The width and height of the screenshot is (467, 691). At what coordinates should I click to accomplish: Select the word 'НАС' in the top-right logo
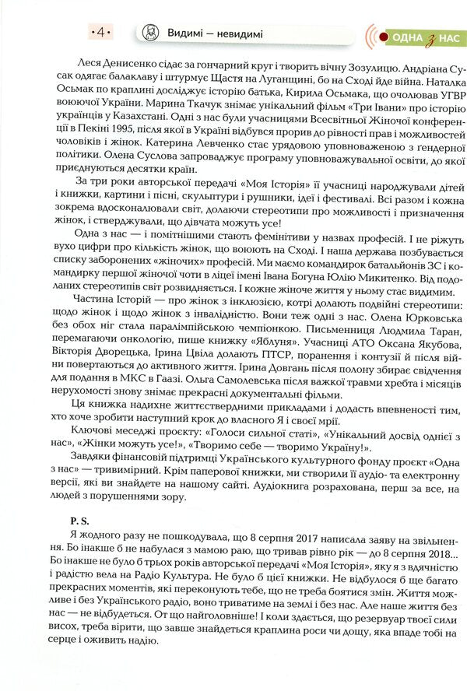coord(449,37)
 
